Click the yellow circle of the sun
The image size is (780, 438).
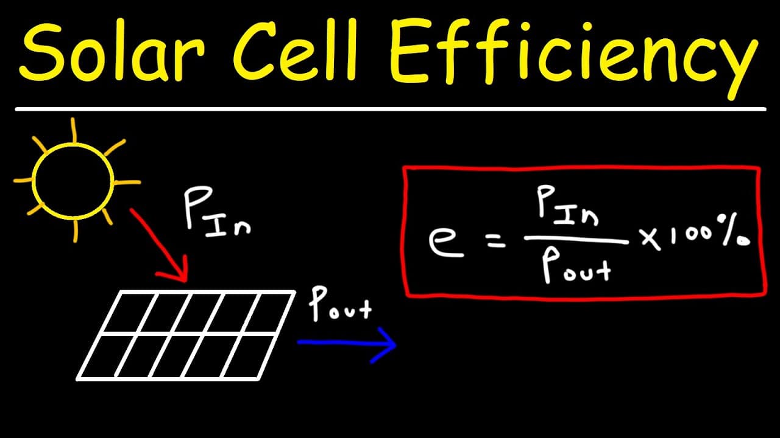pos(73,143)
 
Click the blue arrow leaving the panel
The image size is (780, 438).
pos(347,342)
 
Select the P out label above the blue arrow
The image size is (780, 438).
pos(339,304)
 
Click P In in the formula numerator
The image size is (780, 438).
pos(567,204)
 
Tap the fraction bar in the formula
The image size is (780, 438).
pos(576,239)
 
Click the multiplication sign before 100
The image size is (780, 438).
pos(650,238)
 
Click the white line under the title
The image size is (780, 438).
pos(391,109)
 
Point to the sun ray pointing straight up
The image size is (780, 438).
pos(74,130)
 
